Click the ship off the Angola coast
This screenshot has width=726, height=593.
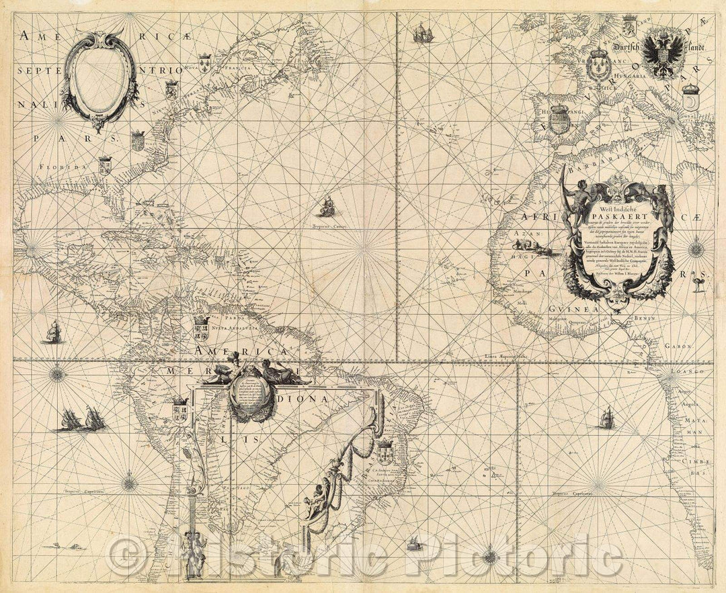(x=606, y=418)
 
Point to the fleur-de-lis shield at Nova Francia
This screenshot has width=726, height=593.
(x=205, y=64)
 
